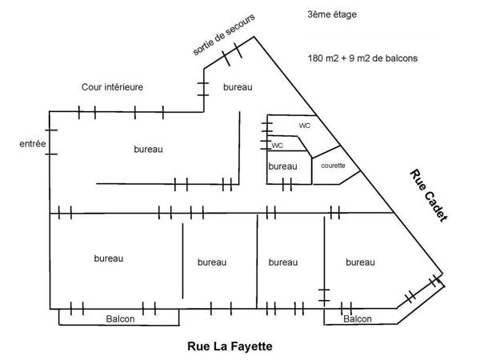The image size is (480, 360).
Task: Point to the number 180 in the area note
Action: click(315, 58)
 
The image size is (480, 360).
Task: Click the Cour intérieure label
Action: click(112, 86)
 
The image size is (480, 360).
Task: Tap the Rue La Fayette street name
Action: click(230, 346)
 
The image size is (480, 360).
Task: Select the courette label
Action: click(332, 166)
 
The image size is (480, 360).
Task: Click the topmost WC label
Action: click(304, 126)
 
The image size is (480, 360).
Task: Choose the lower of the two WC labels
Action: click(278, 146)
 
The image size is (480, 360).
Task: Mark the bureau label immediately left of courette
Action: click(282, 166)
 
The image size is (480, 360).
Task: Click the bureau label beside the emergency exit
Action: click(238, 86)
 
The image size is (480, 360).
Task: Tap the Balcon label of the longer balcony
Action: click(120, 318)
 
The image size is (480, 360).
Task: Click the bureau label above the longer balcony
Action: click(108, 258)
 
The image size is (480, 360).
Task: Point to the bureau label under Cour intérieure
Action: click(148, 149)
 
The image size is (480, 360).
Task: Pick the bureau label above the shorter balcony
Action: click(360, 262)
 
